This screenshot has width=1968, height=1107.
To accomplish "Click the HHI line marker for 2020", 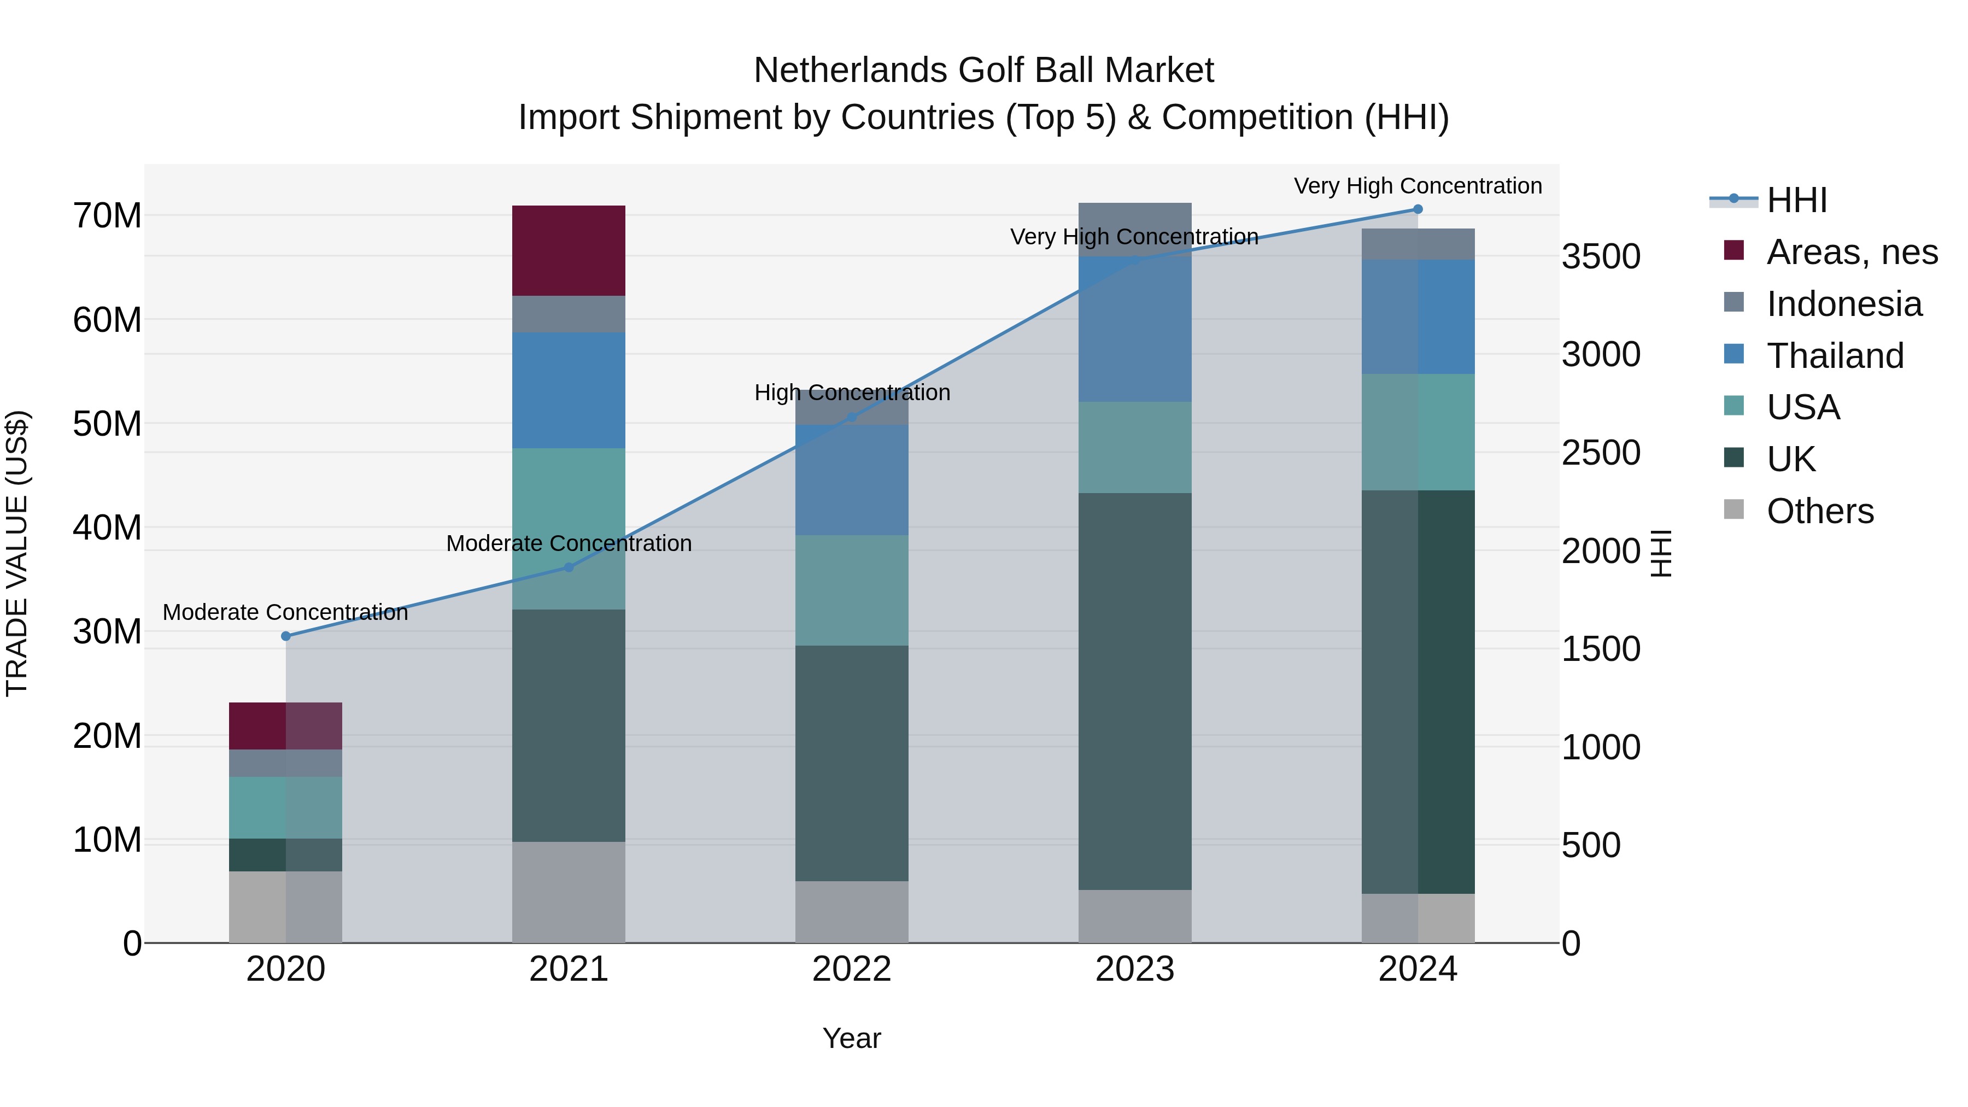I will pos(286,636).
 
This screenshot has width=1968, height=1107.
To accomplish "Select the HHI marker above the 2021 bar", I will pos(569,567).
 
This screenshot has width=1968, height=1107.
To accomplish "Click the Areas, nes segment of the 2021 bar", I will pos(569,250).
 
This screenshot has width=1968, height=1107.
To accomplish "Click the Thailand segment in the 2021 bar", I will pos(569,390).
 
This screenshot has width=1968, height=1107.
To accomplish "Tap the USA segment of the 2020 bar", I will pos(286,807).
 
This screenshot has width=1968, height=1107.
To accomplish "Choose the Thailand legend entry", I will pos(1834,356).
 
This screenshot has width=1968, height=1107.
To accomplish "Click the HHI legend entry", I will pos(1795,200).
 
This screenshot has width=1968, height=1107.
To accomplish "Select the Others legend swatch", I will pos(1734,509).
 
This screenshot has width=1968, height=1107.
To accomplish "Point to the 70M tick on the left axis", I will pos(107,216).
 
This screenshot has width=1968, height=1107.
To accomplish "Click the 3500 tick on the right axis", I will pos(1601,257).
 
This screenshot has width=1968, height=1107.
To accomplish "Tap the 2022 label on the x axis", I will pos(852,969).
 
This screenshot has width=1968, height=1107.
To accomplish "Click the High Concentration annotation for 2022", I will pos(852,393).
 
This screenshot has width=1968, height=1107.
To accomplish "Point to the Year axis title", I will pos(852,1038).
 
